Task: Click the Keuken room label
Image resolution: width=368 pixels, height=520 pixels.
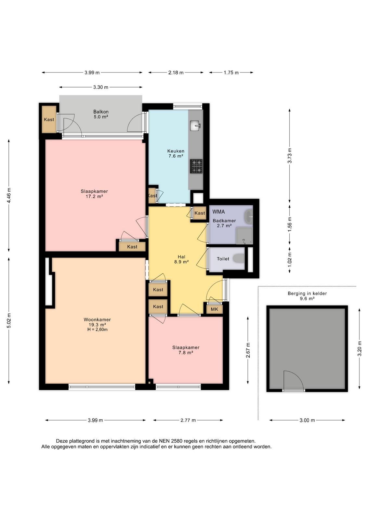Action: (176, 151)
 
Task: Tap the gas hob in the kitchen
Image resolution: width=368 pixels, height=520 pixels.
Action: (196, 166)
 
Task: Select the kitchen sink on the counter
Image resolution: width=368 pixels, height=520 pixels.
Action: (195, 125)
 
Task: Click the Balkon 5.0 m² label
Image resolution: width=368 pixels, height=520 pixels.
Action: (101, 114)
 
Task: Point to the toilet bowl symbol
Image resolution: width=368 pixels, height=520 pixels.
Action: (239, 258)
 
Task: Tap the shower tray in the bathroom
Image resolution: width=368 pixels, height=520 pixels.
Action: (244, 236)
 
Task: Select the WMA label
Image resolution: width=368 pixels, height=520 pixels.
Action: (218, 212)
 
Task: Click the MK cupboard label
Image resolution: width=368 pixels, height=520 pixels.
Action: (214, 309)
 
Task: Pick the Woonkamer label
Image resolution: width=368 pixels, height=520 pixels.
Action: (97, 319)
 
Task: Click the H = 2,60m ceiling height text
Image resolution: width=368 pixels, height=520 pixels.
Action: (97, 330)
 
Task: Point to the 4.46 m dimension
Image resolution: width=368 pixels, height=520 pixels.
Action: (9, 195)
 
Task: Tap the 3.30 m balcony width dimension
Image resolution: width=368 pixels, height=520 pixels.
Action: (101, 87)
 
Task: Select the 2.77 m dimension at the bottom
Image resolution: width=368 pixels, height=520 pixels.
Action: (188, 420)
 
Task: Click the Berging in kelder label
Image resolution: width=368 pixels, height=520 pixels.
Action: (307, 293)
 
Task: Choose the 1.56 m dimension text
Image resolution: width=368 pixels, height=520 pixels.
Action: (290, 224)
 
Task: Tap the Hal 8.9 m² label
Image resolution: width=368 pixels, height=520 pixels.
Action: (181, 259)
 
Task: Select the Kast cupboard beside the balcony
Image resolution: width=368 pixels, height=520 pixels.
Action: (49, 119)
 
